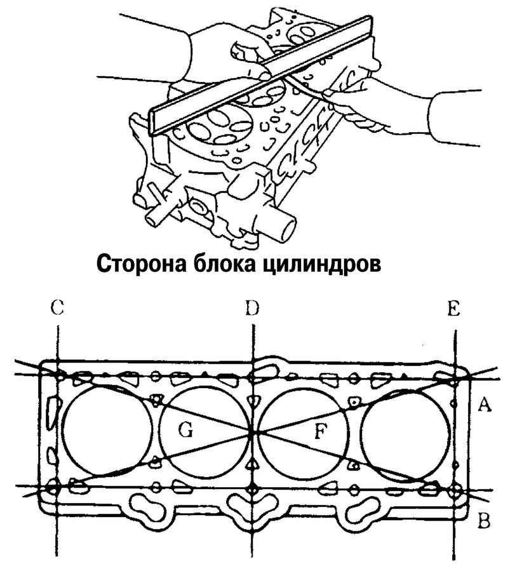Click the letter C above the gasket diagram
pyautogui.click(x=57, y=309)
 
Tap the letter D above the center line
pyautogui.click(x=253, y=309)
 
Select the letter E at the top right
pyautogui.click(x=453, y=309)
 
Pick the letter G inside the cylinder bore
pyautogui.click(x=185, y=432)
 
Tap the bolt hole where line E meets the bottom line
pyautogui.click(x=455, y=490)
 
